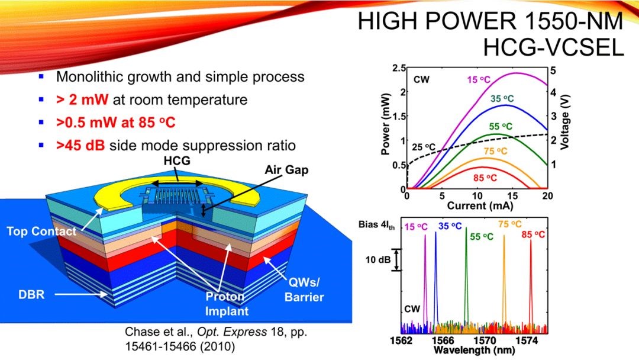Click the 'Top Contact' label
[x=41, y=232]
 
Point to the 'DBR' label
[x=32, y=294]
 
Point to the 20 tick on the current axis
[x=547, y=195]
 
